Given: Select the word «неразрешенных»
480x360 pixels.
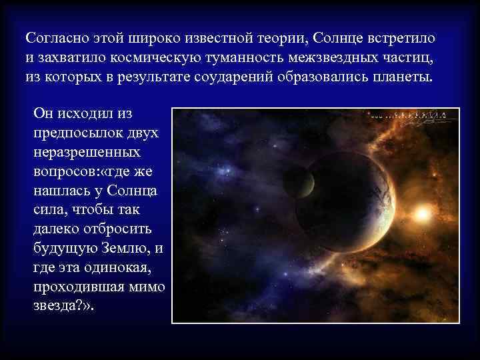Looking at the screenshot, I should tap(81, 153).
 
